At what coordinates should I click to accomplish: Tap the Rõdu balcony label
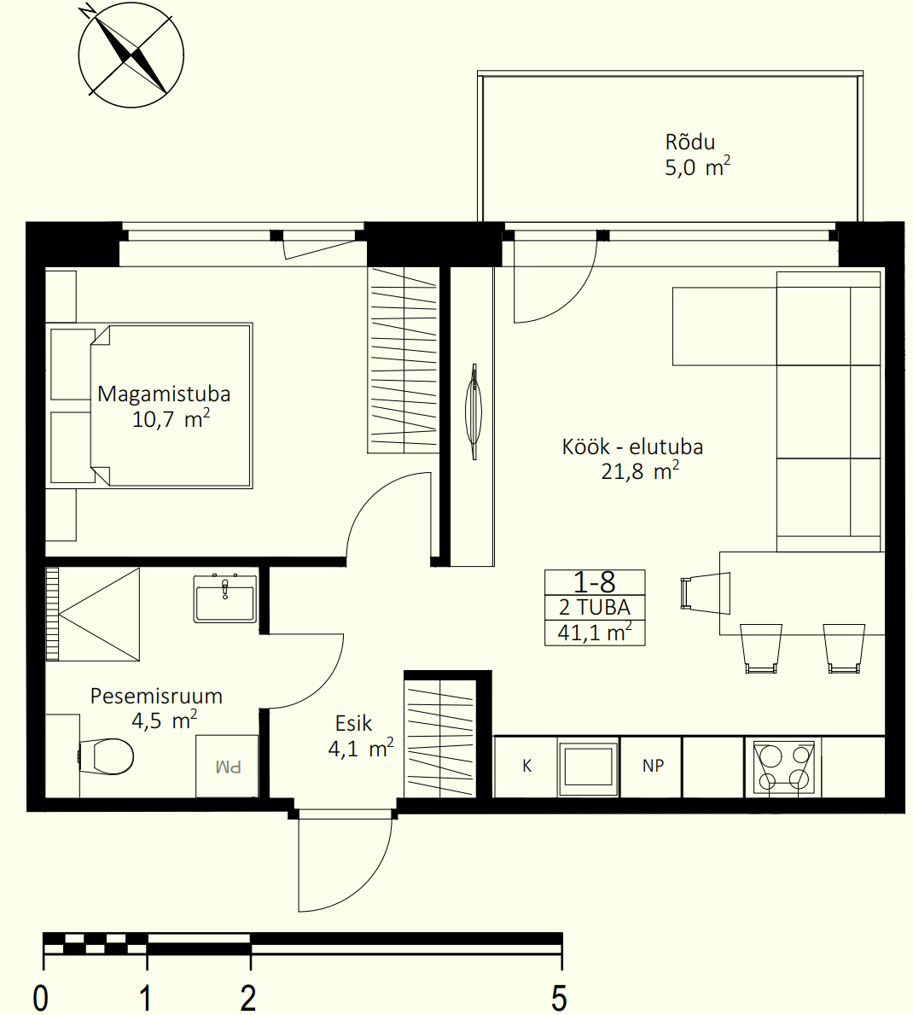coord(689,143)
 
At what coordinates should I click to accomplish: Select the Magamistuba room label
coord(164,394)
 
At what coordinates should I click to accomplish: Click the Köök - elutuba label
coord(632,446)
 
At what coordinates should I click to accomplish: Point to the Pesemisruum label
coord(156,696)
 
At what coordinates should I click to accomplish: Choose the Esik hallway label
coord(353,723)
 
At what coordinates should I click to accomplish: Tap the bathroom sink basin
coord(225,598)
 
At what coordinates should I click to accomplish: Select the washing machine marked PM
coord(227,766)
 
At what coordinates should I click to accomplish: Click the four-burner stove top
coord(783,767)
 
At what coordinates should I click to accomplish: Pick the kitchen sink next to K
coord(588,767)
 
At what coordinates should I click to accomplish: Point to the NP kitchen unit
coord(652,767)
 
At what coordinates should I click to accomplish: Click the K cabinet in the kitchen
coord(526,767)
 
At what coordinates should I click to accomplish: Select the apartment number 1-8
coord(594,582)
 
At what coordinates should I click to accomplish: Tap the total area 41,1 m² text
coord(595,632)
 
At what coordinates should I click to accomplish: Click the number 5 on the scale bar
coord(559,998)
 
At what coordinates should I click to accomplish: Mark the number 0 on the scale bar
coord(40,998)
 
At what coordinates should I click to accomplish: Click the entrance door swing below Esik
coord(345,861)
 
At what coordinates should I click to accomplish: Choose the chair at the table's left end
coord(706,593)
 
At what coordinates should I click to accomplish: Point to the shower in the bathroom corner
coord(93,615)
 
